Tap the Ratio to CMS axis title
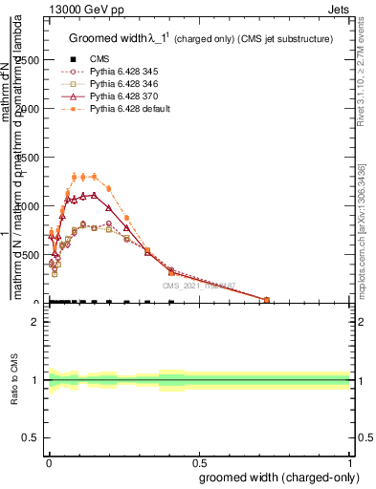tap(13, 380)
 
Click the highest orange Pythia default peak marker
tap(93, 176)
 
